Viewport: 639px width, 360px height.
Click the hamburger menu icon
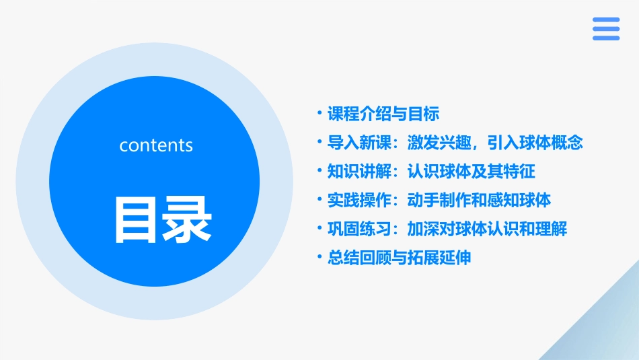605,28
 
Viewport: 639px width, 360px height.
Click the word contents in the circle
156,145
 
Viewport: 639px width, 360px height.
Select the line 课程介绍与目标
383,114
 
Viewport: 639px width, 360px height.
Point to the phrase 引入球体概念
543,143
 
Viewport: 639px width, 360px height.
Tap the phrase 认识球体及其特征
471,172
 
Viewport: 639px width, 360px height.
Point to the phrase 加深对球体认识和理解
487,229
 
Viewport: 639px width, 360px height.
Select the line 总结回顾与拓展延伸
399,258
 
